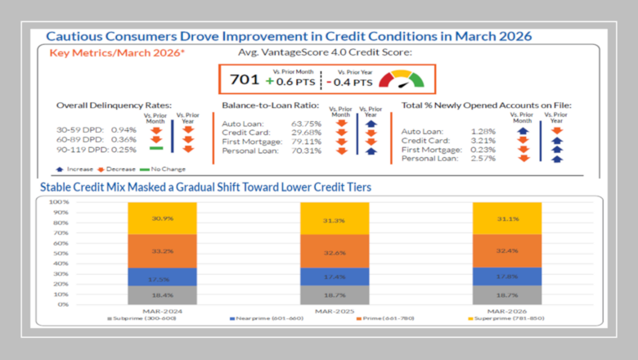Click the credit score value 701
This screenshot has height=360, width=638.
pyautogui.click(x=245, y=81)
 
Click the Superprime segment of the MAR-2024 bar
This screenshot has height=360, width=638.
pyautogui.click(x=160, y=218)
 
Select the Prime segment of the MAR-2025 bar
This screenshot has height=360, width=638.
pyautogui.click(x=334, y=252)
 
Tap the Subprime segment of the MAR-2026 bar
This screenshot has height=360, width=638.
pyautogui.click(x=506, y=295)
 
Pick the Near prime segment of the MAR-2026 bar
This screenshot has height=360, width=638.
pyautogui.click(x=506, y=277)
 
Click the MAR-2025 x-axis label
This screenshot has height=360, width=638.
pyautogui.click(x=334, y=311)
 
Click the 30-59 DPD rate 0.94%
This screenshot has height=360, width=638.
pyautogui.click(x=124, y=129)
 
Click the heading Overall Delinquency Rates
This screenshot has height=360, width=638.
pyautogui.click(x=114, y=106)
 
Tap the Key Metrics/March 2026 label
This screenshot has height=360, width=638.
pyautogui.click(x=117, y=53)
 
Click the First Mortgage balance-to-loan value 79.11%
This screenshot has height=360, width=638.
pyautogui.click(x=285, y=141)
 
